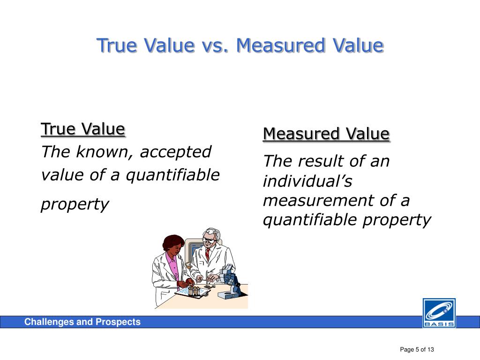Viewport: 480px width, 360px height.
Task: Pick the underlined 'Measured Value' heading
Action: (x=326, y=134)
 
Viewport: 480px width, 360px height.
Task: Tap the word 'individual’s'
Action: (x=307, y=181)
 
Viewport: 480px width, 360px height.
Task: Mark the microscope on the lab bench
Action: (x=230, y=281)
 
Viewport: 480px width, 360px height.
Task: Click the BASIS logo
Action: (x=439, y=313)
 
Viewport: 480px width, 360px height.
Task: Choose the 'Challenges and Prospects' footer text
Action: (x=82, y=322)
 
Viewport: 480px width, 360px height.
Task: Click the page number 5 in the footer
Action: (x=416, y=349)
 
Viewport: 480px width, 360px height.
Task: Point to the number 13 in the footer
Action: (x=431, y=349)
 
